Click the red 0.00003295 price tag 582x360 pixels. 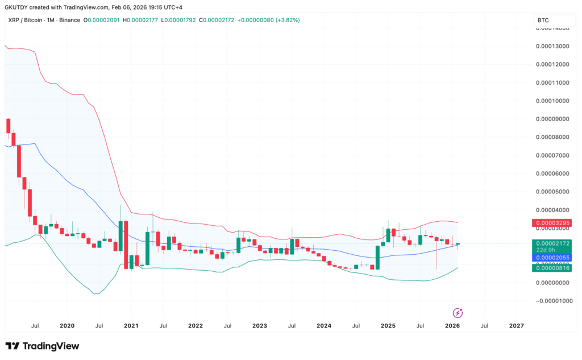tap(550, 222)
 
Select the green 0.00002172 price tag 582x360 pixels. tap(550, 243)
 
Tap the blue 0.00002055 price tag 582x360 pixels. tap(550, 258)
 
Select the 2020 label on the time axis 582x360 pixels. tap(66, 326)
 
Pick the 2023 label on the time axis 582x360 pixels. tap(260, 326)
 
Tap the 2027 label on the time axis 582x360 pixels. tap(517, 326)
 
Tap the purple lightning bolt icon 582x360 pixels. tap(458, 313)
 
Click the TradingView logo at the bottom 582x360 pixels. tap(42, 346)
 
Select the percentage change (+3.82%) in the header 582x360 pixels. tap(286, 20)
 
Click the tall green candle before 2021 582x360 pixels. tap(120, 236)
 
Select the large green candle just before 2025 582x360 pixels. tap(377, 257)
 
